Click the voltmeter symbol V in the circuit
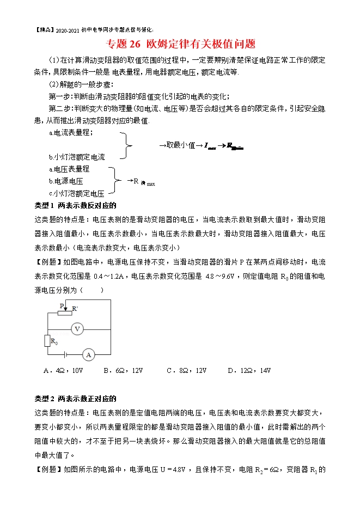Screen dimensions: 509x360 click(x=77, y=329)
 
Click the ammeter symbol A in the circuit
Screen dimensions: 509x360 click(x=88, y=354)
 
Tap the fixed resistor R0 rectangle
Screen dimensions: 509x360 click(x=47, y=341)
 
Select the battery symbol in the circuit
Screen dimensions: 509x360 click(x=65, y=354)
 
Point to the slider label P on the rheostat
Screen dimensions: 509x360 click(x=61, y=305)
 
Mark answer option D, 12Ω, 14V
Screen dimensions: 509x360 click(x=249, y=371)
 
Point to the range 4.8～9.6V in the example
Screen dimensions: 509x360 click(x=220, y=277)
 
